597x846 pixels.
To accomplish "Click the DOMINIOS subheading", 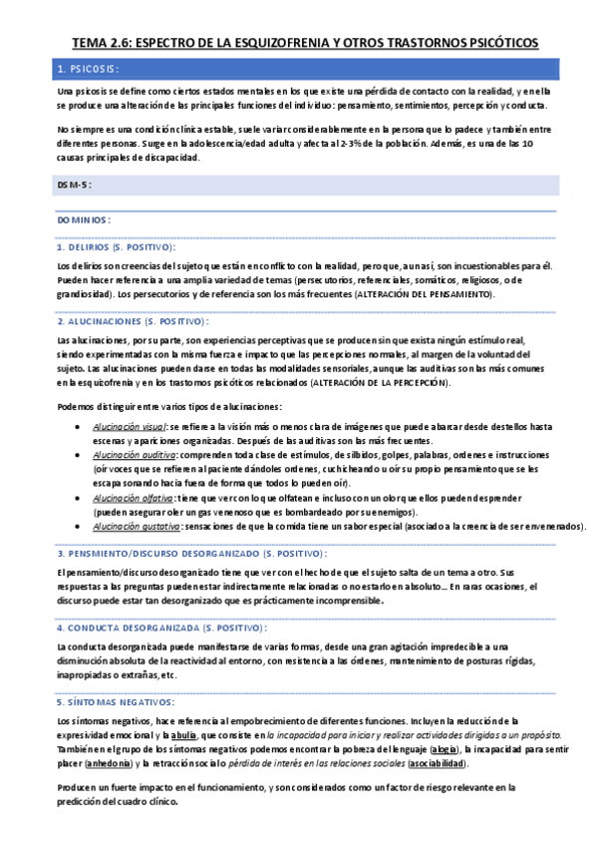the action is [x=84, y=218].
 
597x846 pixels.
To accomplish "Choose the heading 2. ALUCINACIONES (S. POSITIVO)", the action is [x=134, y=321].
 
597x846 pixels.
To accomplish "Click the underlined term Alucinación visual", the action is [x=133, y=426].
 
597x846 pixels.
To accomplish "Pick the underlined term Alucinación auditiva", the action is [x=135, y=454].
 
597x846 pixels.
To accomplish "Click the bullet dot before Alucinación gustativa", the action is [x=79, y=525].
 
